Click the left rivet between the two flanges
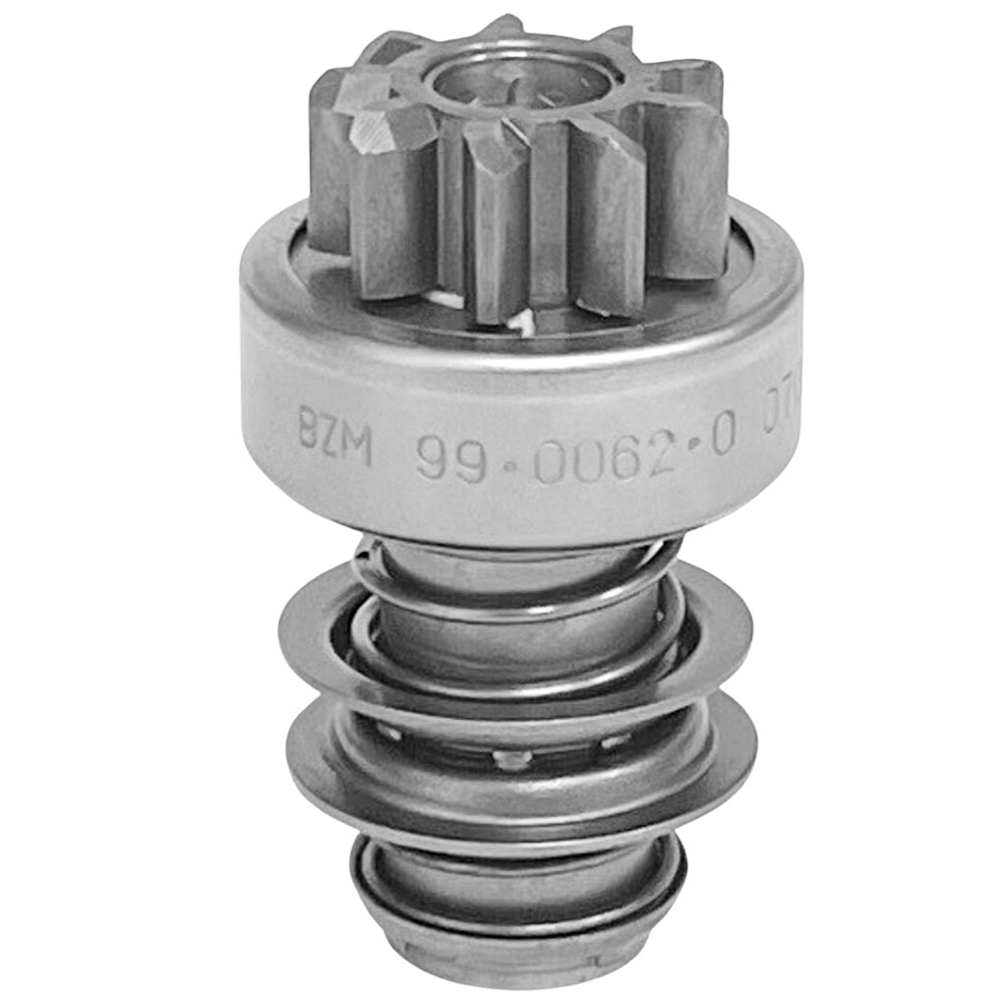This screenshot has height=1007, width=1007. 391,733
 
